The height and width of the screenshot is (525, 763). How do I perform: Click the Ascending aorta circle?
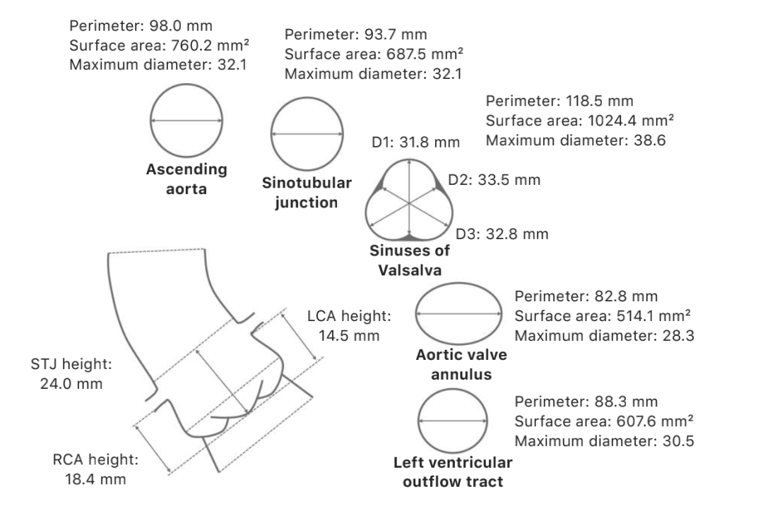click(187, 121)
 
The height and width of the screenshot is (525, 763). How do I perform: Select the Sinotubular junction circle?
click(307, 134)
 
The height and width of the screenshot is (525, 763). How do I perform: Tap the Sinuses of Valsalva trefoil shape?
click(408, 203)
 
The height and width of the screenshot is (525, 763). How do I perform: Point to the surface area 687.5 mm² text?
click(374, 54)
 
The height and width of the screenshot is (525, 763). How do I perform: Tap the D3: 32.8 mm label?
click(502, 234)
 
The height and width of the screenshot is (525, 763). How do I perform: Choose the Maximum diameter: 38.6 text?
click(575, 140)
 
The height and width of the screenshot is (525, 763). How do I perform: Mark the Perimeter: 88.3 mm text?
click(586, 402)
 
